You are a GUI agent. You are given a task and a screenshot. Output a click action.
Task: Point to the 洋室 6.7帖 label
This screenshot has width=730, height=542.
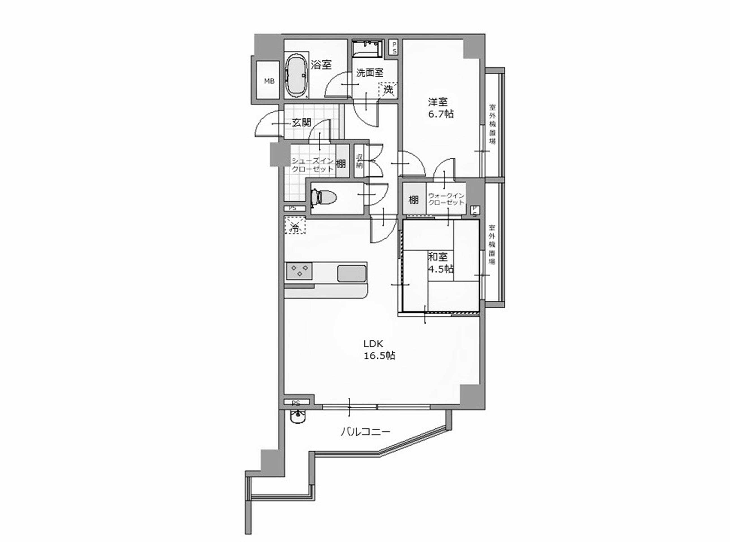pos(441,108)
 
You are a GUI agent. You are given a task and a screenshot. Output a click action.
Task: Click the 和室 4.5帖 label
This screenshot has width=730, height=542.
pos(441,263)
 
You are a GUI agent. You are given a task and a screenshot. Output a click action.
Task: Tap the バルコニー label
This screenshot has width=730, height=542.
pos(365,431)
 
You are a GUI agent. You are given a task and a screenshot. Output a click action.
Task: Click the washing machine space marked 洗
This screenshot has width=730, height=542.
pos(388,89)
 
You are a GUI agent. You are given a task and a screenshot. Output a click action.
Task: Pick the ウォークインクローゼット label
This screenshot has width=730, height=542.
pos(446,199)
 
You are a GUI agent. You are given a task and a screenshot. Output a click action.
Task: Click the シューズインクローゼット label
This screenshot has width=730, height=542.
pos(313,165)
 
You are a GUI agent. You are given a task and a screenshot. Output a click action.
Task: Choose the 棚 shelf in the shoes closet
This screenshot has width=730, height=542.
pos(341,163)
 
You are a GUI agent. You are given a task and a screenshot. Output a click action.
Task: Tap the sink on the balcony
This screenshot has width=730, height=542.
pos(298,417)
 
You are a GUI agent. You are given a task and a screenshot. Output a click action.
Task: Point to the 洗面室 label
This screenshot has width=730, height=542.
pos(370,72)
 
